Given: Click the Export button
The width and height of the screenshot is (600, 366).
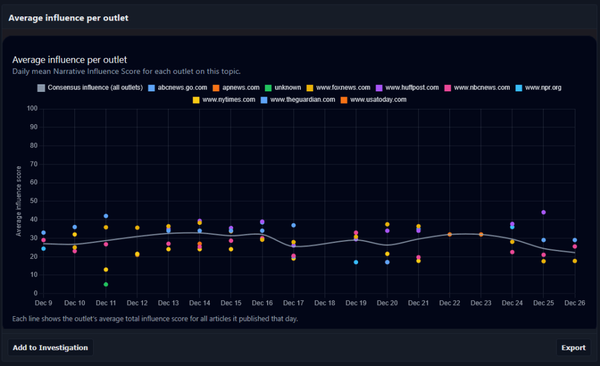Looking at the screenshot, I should click(x=573, y=347).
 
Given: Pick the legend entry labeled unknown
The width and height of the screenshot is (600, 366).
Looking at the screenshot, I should click(x=283, y=88).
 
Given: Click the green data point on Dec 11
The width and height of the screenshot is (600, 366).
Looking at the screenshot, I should click(x=106, y=285).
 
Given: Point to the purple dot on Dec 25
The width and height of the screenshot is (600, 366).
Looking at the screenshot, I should click(x=544, y=212).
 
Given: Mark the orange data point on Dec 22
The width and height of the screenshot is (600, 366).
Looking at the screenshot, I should click(x=450, y=234).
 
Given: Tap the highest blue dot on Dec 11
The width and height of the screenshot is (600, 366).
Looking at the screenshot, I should click(x=106, y=216).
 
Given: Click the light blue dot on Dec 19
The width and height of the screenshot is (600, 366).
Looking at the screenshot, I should click(x=356, y=262).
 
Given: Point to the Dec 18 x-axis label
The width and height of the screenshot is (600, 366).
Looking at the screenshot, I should click(x=325, y=303).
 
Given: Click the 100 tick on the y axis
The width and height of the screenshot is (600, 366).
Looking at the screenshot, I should click(x=32, y=109).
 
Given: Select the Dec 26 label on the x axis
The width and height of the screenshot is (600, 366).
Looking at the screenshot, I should click(x=575, y=303).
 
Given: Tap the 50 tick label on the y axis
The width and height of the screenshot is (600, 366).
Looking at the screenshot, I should click(x=33, y=201).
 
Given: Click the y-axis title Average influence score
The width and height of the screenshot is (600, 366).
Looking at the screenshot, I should click(x=19, y=201).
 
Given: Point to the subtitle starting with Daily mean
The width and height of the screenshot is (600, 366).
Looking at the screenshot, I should click(x=127, y=71).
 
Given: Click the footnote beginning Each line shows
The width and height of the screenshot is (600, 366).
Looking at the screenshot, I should click(x=155, y=319).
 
